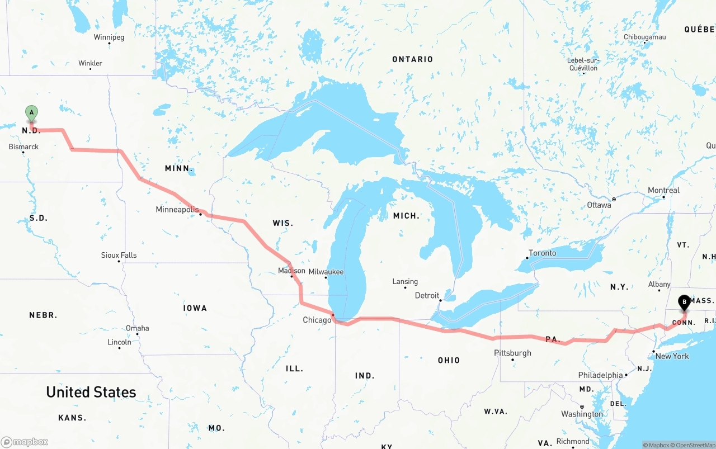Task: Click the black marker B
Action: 684,303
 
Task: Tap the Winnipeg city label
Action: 109,37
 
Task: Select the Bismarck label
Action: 24,147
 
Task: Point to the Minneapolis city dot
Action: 201,214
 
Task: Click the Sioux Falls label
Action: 119,255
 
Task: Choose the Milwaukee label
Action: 326,272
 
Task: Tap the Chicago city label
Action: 317,320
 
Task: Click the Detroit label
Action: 427,295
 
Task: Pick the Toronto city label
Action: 543,253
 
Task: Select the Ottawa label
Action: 599,205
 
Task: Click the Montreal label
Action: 663,190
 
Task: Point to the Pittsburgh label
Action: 512,353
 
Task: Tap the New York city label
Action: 672,356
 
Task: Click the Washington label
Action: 582,414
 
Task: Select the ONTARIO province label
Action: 412,59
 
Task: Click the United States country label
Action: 91,392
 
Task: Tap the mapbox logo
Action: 25,442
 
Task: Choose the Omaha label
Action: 137,328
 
